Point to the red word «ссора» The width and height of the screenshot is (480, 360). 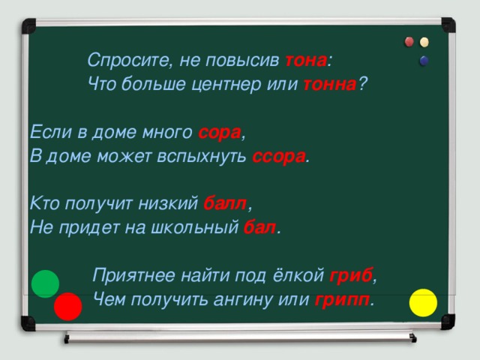[279, 157]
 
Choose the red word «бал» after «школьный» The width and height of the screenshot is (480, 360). [259, 227]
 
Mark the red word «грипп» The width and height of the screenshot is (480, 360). [342, 301]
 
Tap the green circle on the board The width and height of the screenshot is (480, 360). [45, 283]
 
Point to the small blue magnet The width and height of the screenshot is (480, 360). [424, 61]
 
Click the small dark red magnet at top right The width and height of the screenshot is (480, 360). [409, 42]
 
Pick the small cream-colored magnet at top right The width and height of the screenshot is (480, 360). [425, 42]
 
